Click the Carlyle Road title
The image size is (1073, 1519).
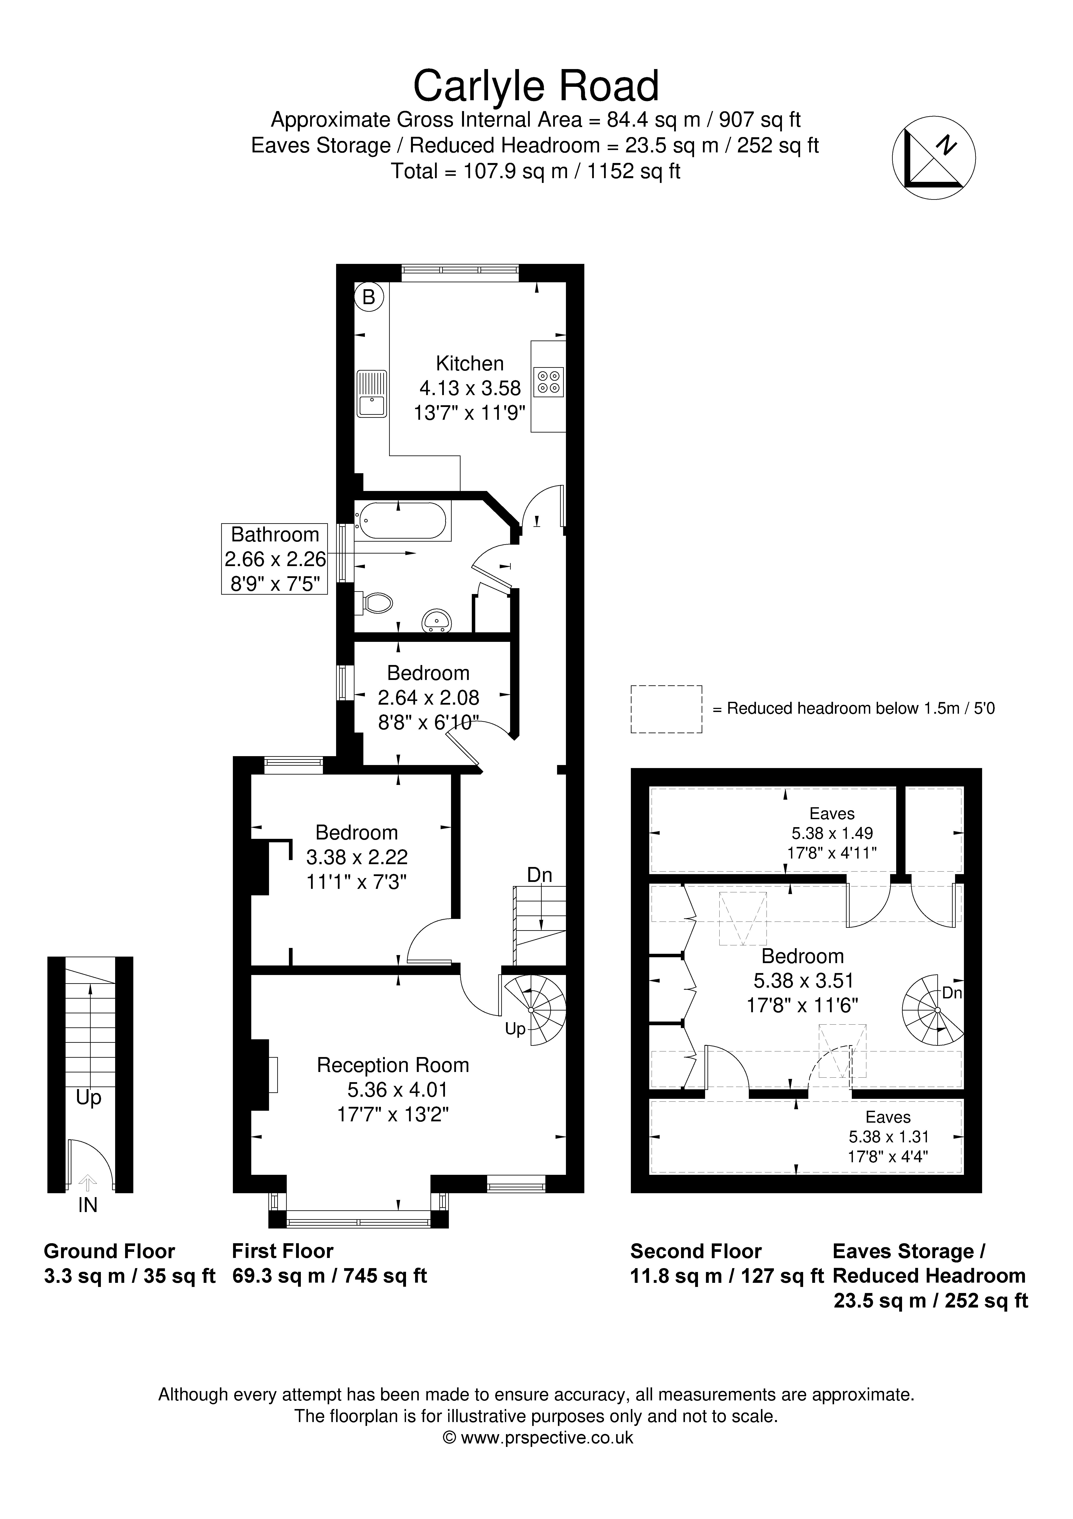(x=536, y=86)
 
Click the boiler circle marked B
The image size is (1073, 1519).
(x=369, y=297)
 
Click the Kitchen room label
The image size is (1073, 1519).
(x=470, y=363)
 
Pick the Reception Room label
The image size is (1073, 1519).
(x=393, y=1065)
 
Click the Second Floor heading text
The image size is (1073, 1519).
(x=696, y=1251)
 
